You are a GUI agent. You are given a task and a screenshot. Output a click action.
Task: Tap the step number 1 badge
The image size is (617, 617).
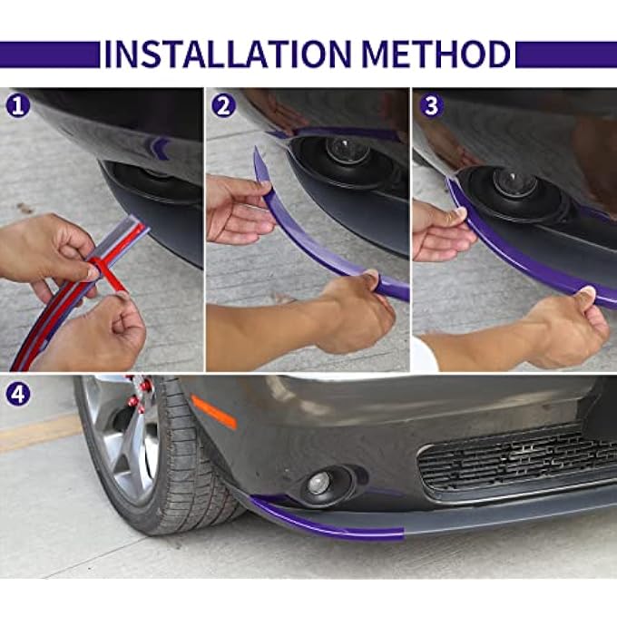coord(17,105)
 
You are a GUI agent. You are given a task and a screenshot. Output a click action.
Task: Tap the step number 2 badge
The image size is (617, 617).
coord(223,105)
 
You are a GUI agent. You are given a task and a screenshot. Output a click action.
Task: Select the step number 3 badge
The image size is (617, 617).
coord(430,105)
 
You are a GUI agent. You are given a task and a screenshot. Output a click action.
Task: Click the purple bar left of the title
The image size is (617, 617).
coord(50,54)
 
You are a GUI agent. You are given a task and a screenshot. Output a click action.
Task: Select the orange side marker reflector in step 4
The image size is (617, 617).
coord(214,411)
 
